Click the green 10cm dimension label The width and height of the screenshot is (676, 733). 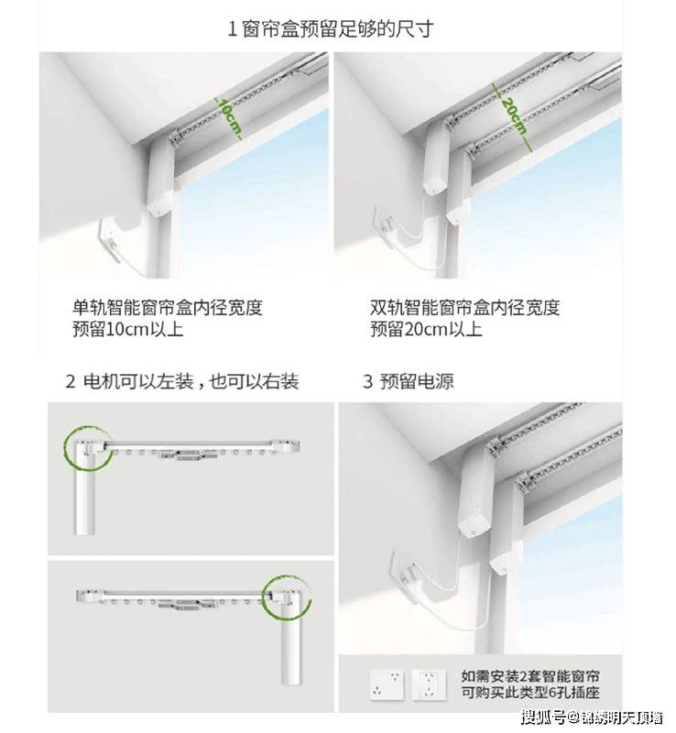pyautogui.click(x=228, y=117)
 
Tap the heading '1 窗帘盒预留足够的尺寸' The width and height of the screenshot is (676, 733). pyautogui.click(x=330, y=28)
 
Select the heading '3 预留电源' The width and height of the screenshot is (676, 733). pyautogui.click(x=408, y=381)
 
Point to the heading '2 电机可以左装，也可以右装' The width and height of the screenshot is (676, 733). pyautogui.click(x=182, y=381)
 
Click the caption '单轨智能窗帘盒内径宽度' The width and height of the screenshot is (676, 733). pyautogui.click(x=168, y=307)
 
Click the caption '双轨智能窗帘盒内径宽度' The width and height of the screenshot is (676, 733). pyautogui.click(x=464, y=307)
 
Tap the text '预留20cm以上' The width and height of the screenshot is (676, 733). pyautogui.click(x=426, y=329)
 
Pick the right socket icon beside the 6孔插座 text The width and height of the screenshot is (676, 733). pyautogui.click(x=427, y=683)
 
